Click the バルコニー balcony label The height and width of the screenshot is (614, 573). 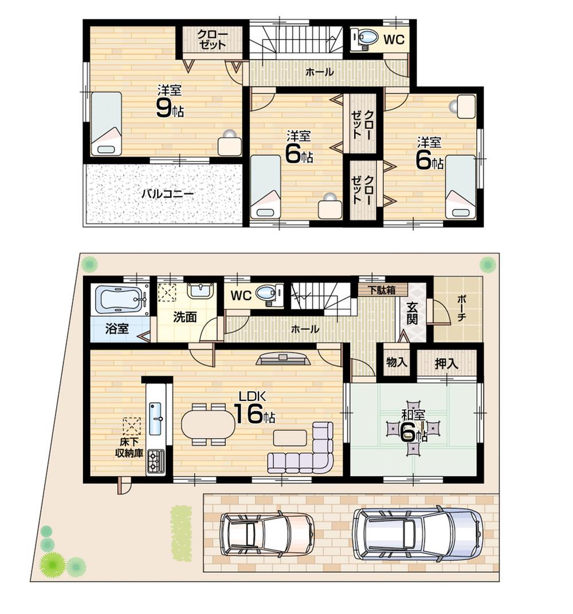point(167,194)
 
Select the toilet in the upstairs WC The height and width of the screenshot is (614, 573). point(365,39)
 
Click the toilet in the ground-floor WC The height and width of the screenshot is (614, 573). point(266,294)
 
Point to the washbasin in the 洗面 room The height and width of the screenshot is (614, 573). point(200,290)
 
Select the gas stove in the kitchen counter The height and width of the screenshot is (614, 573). point(155,460)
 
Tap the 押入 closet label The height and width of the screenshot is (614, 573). point(446,363)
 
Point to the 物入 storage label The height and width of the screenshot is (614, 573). point(397,363)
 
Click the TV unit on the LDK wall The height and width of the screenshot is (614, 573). point(284,359)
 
